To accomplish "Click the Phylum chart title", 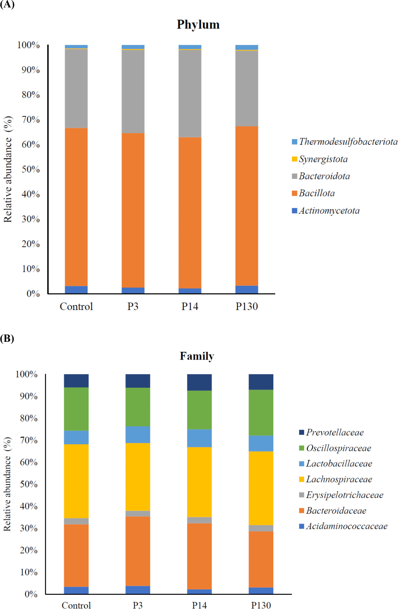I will pos(198,25).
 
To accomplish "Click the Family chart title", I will pos(197,356).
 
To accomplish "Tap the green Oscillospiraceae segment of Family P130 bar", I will pos(261,412).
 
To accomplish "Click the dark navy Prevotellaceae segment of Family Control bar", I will pos(76,381).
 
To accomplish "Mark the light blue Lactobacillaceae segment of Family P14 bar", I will pos(199,438).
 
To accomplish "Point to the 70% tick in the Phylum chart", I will pos(31,120).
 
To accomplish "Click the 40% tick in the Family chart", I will pos(29,506).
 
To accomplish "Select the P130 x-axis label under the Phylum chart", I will pos(247,307).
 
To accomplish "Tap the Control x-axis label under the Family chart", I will pos(76,605).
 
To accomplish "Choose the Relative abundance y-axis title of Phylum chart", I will pos(8,169).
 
